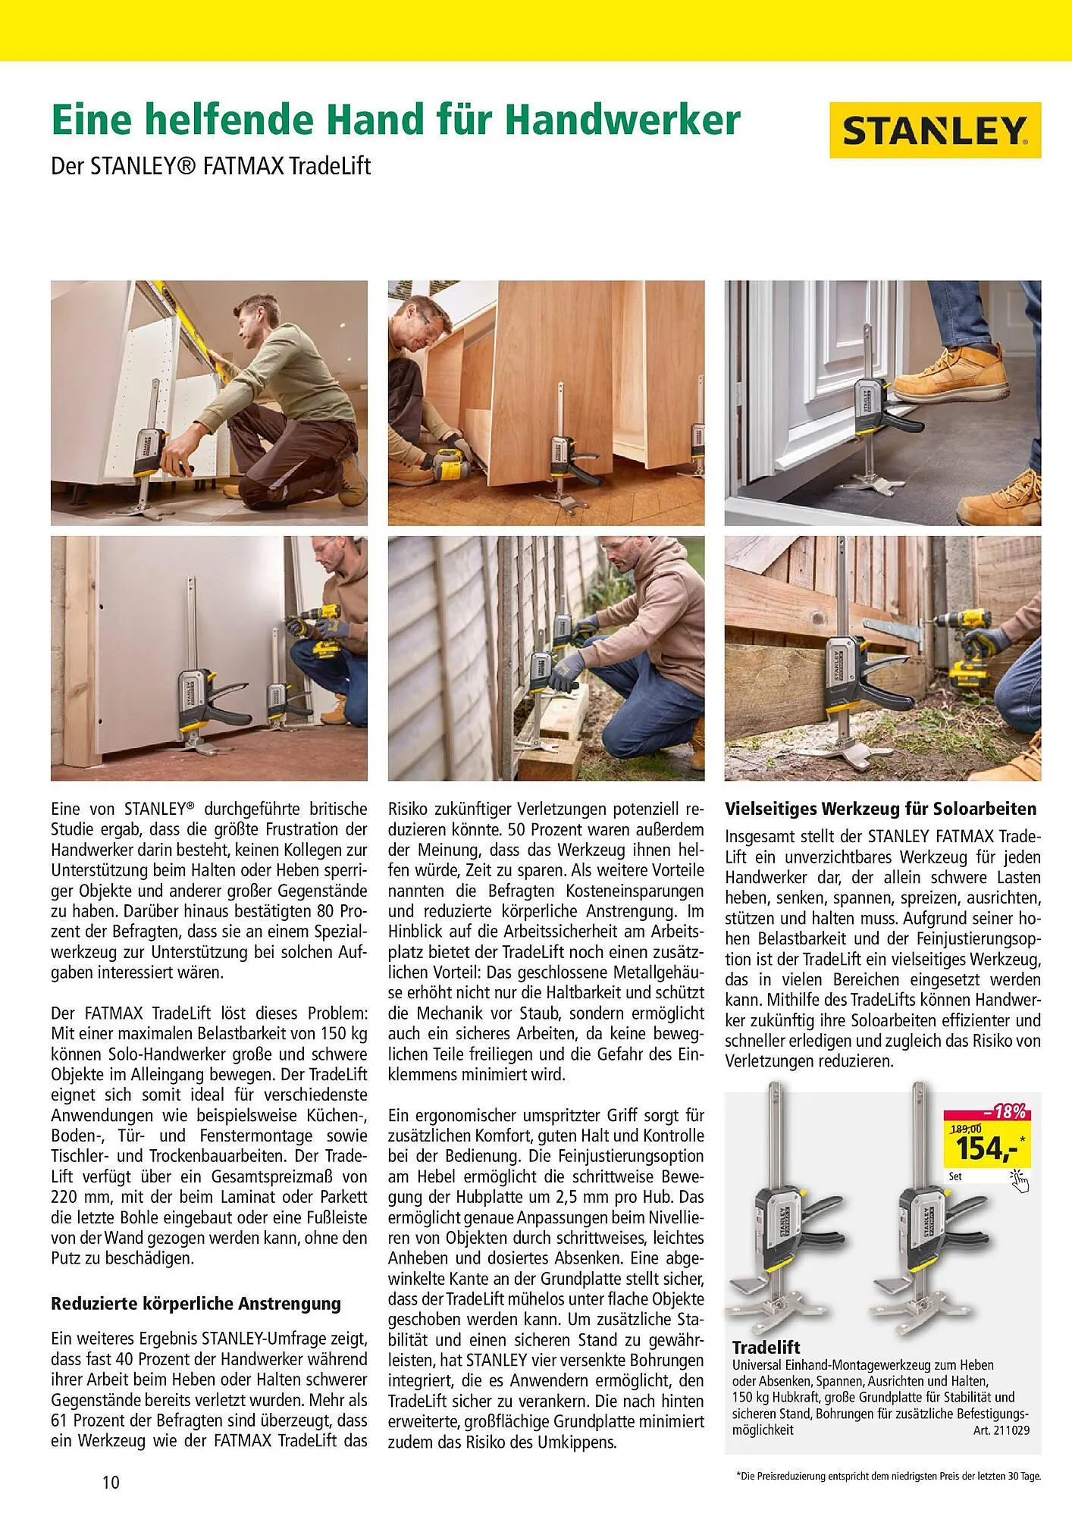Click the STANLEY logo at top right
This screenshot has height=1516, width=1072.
[x=934, y=130]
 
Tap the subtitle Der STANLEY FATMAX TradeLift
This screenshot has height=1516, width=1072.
[x=211, y=166]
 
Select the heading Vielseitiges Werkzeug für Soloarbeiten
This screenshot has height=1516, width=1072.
[x=880, y=808]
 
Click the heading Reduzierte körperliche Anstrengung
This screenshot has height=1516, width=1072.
[x=196, y=1304]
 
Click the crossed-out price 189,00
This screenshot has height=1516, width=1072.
[x=966, y=1128]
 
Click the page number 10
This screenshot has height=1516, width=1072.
[x=111, y=1482]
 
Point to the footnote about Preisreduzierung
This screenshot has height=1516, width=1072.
[x=888, y=1477]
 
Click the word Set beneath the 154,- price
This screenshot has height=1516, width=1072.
[x=955, y=1177]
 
